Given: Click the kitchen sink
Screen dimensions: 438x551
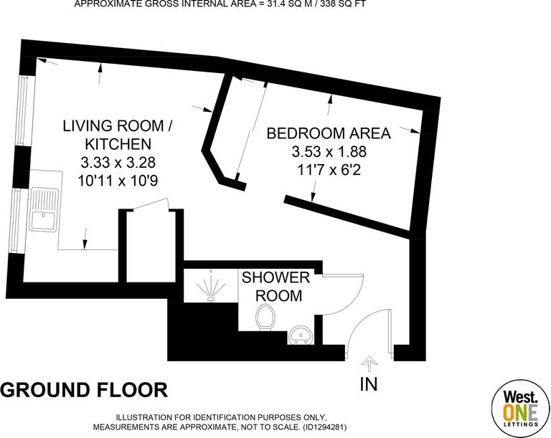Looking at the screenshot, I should (44, 209).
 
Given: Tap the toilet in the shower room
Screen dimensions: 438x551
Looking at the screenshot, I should (265, 316).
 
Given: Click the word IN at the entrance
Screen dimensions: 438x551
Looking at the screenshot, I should (369, 384).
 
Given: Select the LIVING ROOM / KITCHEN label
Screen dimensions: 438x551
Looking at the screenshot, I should (117, 134).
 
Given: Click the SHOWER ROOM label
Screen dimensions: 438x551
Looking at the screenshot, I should (275, 286).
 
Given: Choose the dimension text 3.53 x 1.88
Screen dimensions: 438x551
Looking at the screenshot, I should (328, 152).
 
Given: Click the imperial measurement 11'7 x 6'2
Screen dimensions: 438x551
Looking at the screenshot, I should (328, 171).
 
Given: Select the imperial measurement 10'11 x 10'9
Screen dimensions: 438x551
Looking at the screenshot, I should (117, 181).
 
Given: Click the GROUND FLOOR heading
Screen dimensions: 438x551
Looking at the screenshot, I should (84, 390).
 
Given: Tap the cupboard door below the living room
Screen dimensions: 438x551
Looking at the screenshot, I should (149, 206).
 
